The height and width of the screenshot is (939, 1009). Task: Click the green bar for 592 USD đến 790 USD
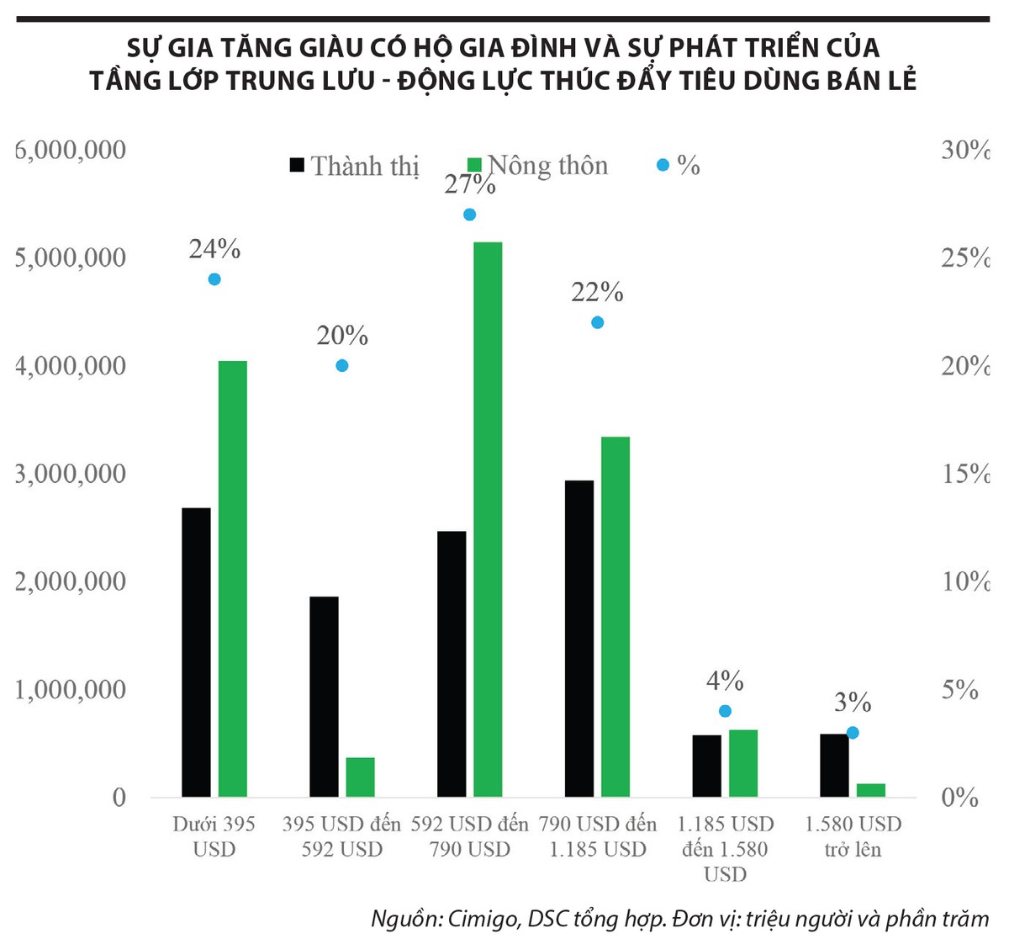coord(488,519)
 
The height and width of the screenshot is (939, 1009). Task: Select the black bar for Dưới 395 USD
coord(196,652)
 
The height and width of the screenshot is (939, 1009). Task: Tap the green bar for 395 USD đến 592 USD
coord(360,777)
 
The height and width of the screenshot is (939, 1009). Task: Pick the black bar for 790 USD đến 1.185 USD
coord(579,638)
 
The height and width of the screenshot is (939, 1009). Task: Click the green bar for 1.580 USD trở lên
coord(871,790)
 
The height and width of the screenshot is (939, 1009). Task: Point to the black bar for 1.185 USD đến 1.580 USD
coord(707,766)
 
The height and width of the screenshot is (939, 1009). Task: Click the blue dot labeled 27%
coord(469,215)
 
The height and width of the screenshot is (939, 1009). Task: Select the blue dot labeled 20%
coord(342,365)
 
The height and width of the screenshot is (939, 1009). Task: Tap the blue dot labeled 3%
coord(853,733)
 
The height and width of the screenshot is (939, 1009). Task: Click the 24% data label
coord(214,249)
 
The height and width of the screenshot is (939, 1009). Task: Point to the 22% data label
coord(597,293)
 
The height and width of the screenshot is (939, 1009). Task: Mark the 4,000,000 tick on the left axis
coord(71,366)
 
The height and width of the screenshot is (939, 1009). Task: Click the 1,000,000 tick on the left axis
coord(71,690)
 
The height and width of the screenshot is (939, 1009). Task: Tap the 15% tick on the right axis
coord(964,474)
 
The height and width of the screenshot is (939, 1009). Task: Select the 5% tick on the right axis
coord(960,690)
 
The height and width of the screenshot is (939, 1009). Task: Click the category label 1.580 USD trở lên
coord(853,836)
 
